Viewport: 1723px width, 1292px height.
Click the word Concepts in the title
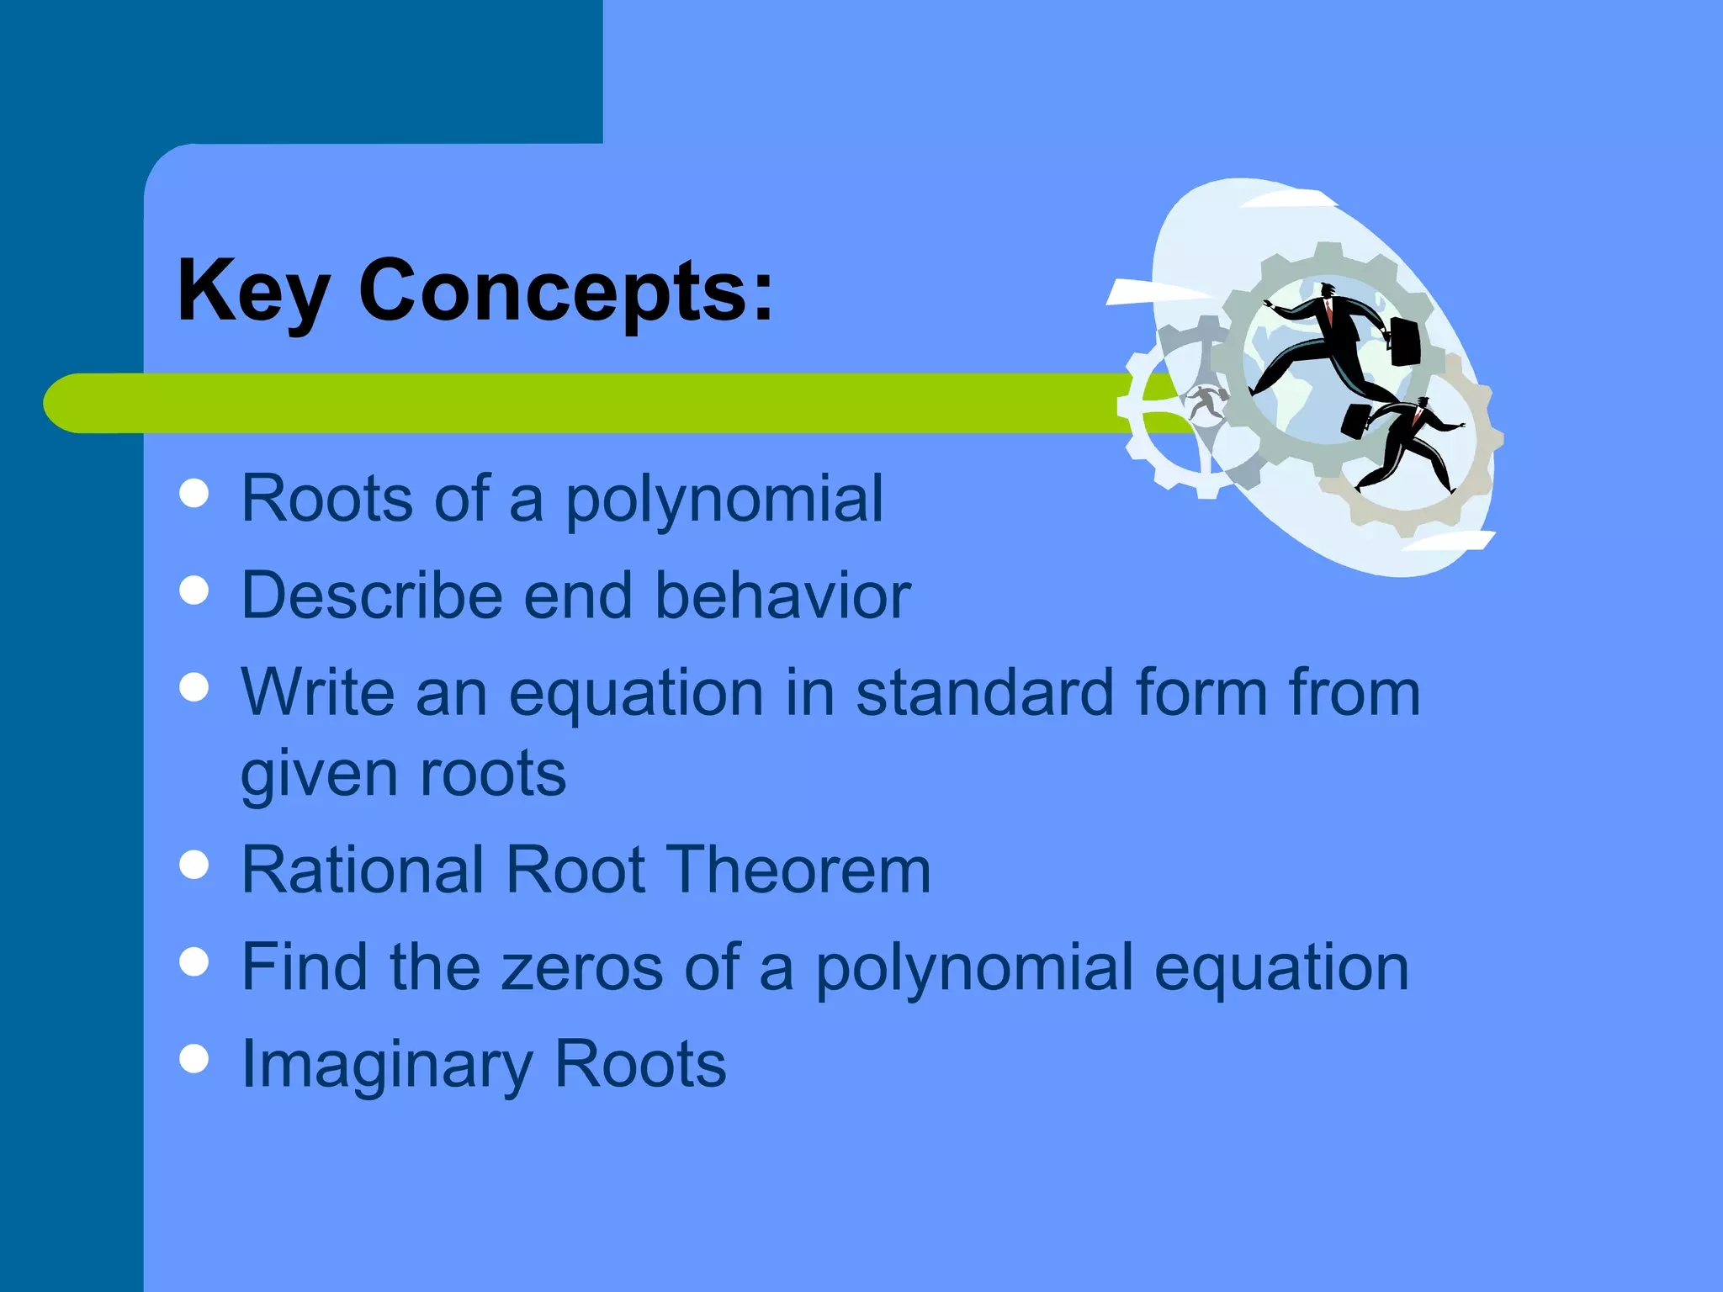tap(565, 290)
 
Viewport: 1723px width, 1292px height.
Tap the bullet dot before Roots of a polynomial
tap(194, 494)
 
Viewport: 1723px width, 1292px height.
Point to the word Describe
tap(372, 595)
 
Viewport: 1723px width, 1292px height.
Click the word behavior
tap(782, 595)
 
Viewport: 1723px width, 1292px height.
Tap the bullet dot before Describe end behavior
tap(194, 590)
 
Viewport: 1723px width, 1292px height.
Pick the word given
tap(319, 774)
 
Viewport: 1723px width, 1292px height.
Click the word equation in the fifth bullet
tap(1280, 968)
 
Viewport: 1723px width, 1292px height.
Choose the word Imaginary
tap(387, 1065)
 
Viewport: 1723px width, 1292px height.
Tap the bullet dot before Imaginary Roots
tap(194, 1059)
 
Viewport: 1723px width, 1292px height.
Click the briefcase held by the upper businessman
tap(1404, 341)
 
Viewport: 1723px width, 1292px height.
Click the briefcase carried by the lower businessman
tap(1355, 421)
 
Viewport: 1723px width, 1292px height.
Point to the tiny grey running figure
tap(1206, 402)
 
